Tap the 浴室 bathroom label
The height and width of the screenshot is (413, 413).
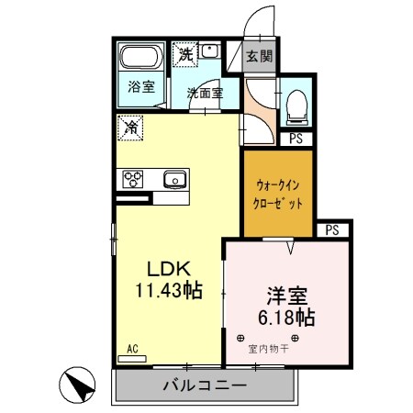pyautogui.click(x=141, y=88)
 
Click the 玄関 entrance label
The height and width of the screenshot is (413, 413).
pyautogui.click(x=259, y=56)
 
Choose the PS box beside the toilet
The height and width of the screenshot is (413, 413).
pyautogui.click(x=296, y=140)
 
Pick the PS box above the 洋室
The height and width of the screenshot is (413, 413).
pyautogui.click(x=332, y=229)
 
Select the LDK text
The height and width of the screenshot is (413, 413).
pyautogui.click(x=169, y=270)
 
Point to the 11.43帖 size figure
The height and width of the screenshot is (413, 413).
pyautogui.click(x=169, y=291)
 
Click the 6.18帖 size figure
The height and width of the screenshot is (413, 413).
pyautogui.click(x=285, y=318)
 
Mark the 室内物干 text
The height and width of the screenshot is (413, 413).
pyautogui.click(x=268, y=349)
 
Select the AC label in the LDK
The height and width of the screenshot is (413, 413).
pyautogui.click(x=132, y=348)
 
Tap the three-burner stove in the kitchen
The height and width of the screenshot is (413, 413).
pyautogui.click(x=131, y=178)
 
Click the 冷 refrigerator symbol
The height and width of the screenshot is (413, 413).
pyautogui.click(x=131, y=128)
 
